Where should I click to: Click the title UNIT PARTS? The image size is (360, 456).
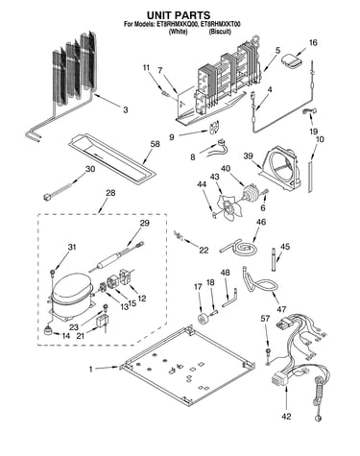click(x=179, y=15)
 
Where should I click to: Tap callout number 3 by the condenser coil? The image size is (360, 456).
click(x=126, y=109)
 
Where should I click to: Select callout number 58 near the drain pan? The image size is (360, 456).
click(x=155, y=144)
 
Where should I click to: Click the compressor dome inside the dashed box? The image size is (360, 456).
click(x=71, y=287)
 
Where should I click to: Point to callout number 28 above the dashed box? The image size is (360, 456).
click(x=110, y=193)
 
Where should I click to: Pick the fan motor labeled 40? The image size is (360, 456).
click(x=251, y=193)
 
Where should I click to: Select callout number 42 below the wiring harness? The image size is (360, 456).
click(x=286, y=417)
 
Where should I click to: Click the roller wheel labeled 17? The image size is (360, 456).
click(x=204, y=319)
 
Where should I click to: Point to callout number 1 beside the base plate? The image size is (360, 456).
click(x=91, y=369)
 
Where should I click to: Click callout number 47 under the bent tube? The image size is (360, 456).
click(x=281, y=309)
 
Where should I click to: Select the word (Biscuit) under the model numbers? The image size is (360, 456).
click(x=220, y=32)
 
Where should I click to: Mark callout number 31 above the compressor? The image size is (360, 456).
click(x=72, y=248)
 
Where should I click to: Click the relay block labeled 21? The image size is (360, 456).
click(x=103, y=323)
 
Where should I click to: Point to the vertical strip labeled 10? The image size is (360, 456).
click(x=310, y=177)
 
